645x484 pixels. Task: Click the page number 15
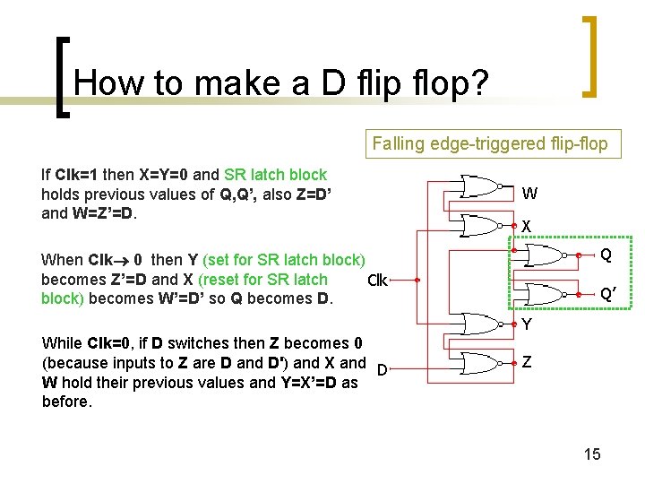tap(592, 454)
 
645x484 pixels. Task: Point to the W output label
tap(529, 194)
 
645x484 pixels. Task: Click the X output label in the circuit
tap(528, 225)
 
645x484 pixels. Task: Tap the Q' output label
tap(606, 295)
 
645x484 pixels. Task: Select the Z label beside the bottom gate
tap(528, 362)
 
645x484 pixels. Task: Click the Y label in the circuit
tap(528, 324)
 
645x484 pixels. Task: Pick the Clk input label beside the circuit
tap(377, 281)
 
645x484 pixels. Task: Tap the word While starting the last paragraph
tap(62, 343)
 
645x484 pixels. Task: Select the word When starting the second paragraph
tap(62, 260)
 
